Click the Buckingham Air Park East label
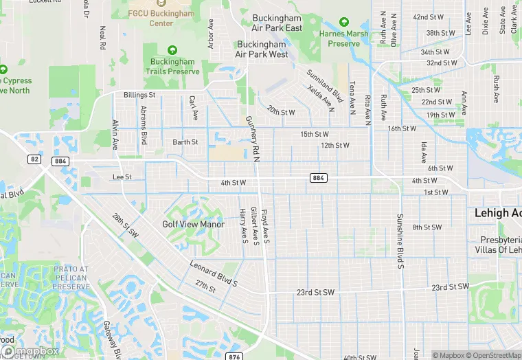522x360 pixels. click(x=277, y=23)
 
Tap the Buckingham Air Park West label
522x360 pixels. click(x=261, y=49)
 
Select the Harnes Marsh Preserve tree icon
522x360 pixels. click(x=343, y=23)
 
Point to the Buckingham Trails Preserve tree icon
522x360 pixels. click(x=172, y=50)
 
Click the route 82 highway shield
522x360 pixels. click(x=35, y=159)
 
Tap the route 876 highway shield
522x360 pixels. click(x=234, y=357)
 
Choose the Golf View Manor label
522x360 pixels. click(x=193, y=224)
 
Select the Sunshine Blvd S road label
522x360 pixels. click(x=399, y=240)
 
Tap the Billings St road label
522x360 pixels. click(x=139, y=95)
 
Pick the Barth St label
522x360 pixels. click(x=185, y=142)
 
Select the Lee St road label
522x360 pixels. click(x=122, y=177)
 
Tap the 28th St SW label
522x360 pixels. click(x=126, y=225)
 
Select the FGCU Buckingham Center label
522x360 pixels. click(x=161, y=18)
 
